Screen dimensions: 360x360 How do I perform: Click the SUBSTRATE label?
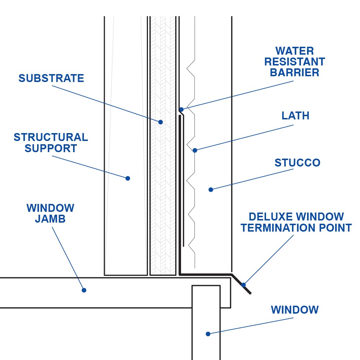coord(51,78)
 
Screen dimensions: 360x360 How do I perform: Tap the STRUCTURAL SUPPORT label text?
coord(51,143)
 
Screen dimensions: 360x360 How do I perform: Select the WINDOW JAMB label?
coord(50,213)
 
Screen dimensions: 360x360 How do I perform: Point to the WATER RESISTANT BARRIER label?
coord(294,61)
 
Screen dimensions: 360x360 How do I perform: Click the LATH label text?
coord(296,116)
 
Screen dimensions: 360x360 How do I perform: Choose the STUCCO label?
coord(297,163)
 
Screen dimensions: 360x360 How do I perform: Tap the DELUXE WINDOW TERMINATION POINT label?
coord(296,222)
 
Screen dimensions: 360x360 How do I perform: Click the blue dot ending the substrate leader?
coord(161,122)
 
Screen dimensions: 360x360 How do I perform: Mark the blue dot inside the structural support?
coord(127,178)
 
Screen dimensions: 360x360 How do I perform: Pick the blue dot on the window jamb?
coord(84,290)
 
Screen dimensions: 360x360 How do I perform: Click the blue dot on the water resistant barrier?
coord(181,109)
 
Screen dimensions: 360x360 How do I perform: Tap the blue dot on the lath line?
coord(195,150)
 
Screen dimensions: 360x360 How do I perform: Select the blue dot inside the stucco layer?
coord(211,190)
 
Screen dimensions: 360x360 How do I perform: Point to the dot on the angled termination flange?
coord(243,285)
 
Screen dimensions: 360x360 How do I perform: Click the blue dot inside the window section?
coord(208,334)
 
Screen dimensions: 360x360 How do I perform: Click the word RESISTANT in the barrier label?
coord(294,61)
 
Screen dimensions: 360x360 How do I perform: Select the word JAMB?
coord(50,219)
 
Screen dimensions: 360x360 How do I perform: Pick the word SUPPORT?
coord(51,149)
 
